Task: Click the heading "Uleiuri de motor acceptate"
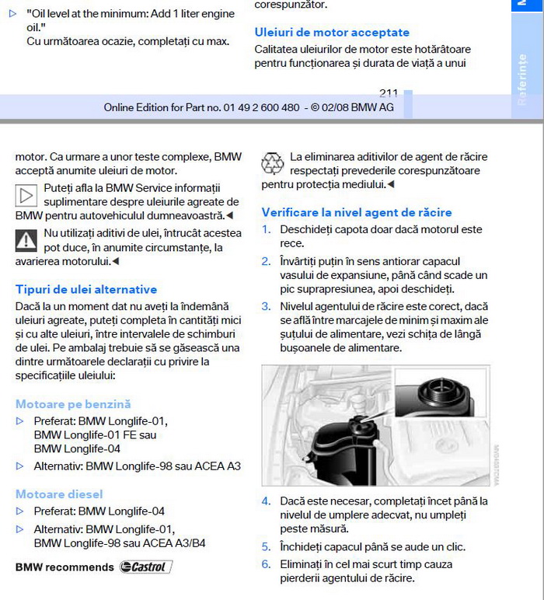pyautogui.click(x=332, y=33)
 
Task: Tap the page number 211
pyautogui.click(x=389, y=93)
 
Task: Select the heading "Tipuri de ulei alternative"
pyautogui.click(x=86, y=289)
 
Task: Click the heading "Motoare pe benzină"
pyautogui.click(x=73, y=404)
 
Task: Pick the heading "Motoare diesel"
pyautogui.click(x=59, y=494)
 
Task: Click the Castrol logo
pyautogui.click(x=145, y=567)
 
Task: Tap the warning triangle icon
pyautogui.click(x=26, y=240)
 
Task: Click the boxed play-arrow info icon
pyautogui.click(x=26, y=195)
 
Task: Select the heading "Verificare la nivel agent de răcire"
pyautogui.click(x=357, y=212)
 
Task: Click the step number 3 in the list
pyautogui.click(x=266, y=307)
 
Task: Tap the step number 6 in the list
pyautogui.click(x=266, y=564)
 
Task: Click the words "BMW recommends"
pyautogui.click(x=65, y=567)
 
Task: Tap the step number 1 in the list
pyautogui.click(x=266, y=230)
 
